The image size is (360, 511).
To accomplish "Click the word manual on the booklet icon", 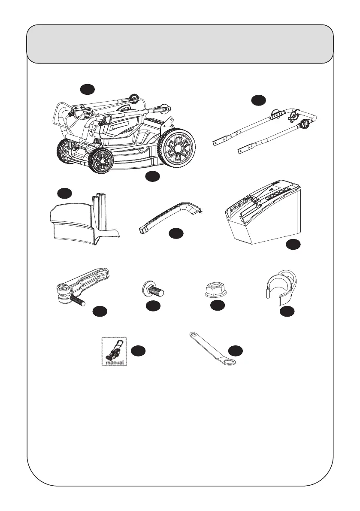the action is [114, 362].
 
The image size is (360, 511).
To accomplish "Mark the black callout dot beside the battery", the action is [294, 244].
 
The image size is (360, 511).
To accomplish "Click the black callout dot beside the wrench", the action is [235, 351].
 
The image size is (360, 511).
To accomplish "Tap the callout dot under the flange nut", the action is [218, 306].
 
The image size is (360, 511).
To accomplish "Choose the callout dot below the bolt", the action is [153, 306].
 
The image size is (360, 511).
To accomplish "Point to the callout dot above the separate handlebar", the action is [258, 100].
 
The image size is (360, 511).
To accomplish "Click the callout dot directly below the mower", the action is [152, 176].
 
